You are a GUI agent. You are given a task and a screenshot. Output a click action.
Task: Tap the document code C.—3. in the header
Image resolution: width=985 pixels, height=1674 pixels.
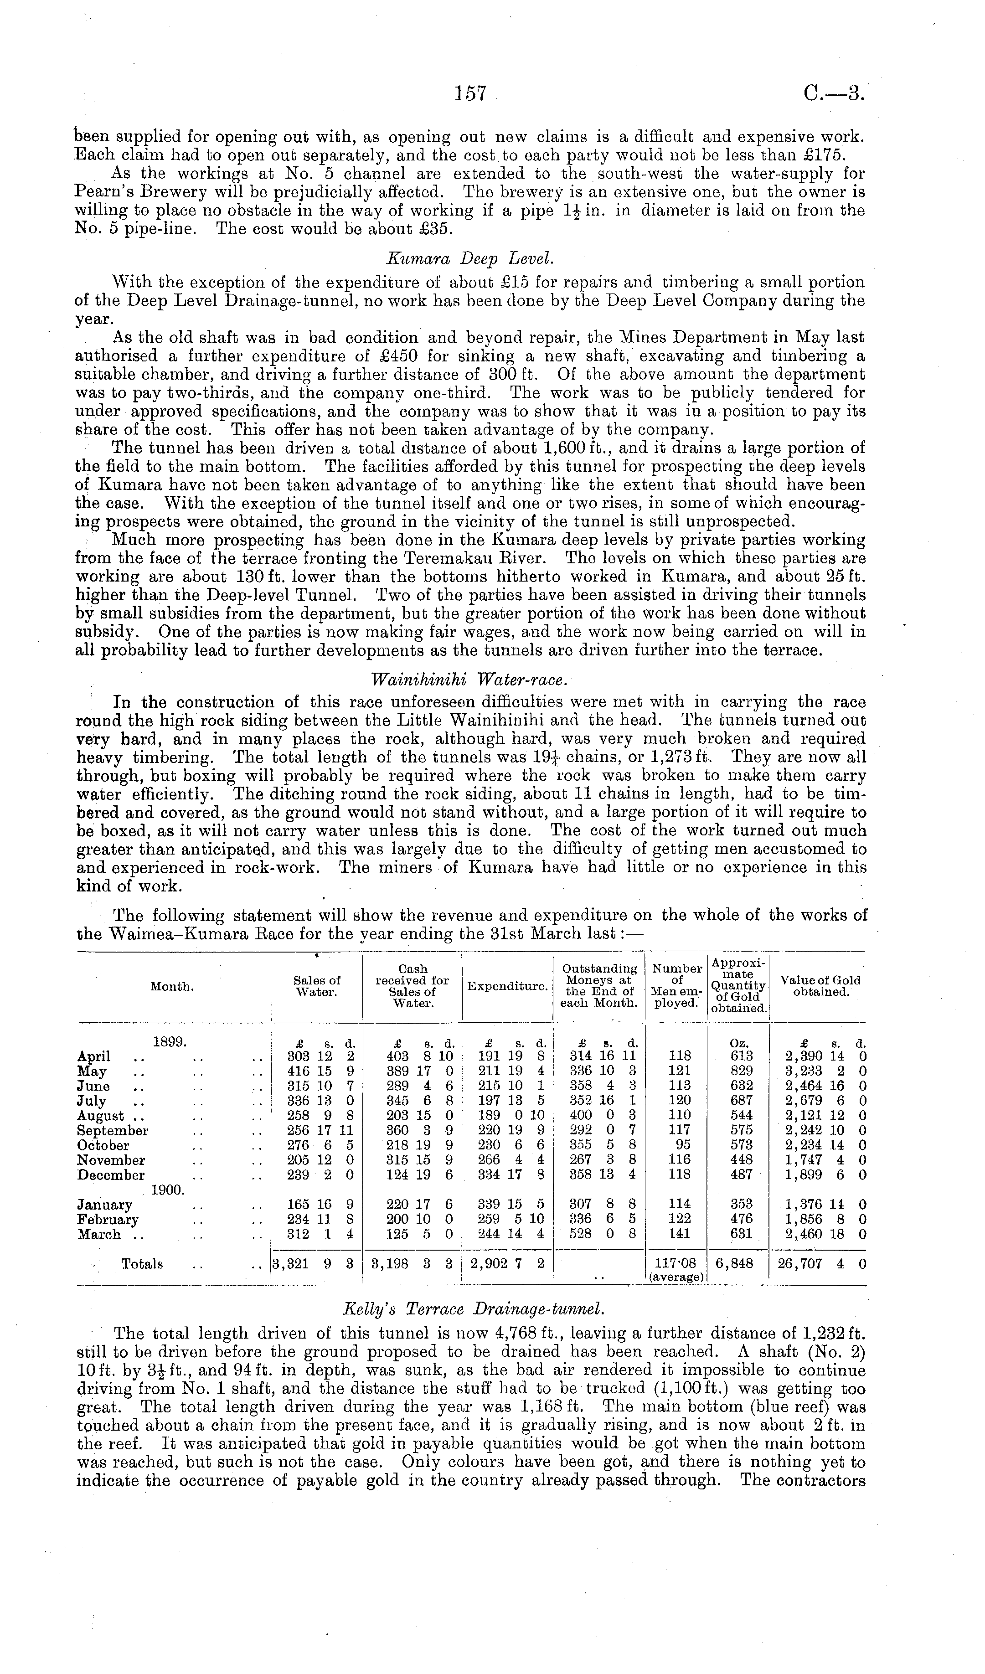pyautogui.click(x=832, y=93)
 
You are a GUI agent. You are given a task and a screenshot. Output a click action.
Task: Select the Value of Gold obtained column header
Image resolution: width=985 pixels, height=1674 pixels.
pyautogui.click(x=820, y=986)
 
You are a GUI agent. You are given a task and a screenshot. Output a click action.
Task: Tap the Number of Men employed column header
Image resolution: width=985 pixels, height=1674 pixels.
pyautogui.click(x=676, y=986)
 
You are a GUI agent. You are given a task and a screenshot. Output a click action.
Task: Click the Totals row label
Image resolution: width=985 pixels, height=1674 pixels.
pyautogui.click(x=142, y=1264)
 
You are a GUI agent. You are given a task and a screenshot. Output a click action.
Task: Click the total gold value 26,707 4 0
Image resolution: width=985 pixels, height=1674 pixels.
pyautogui.click(x=821, y=1264)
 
